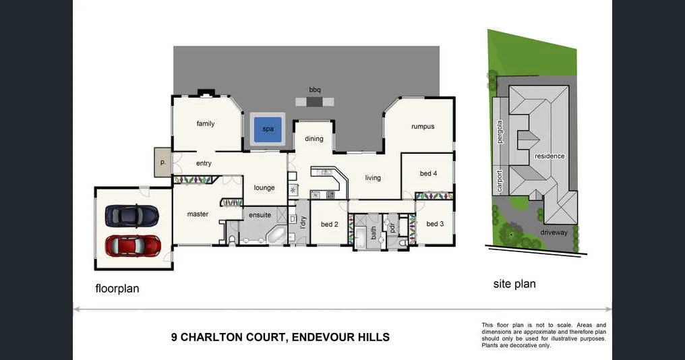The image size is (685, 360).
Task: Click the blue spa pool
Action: click(268, 128)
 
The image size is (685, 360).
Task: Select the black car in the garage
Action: click(132, 216)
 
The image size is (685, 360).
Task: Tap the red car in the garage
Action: click(133, 245)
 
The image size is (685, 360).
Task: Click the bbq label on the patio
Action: click(315, 90)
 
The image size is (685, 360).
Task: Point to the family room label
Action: click(206, 124)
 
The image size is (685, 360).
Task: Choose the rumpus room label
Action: click(423, 126)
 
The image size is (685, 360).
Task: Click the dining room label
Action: click(314, 139)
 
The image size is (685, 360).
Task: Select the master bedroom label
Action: click(198, 214)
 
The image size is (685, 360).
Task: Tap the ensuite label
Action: click(260, 215)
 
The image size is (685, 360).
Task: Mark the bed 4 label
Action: click(428, 173)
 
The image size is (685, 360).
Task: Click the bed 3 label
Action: click(435, 224)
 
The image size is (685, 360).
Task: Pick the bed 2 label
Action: click(329, 224)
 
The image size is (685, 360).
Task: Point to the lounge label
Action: click(264, 188)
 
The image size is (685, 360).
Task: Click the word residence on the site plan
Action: click(549, 156)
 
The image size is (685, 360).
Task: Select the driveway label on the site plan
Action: click(554, 233)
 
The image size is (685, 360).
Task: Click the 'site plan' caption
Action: click(514, 284)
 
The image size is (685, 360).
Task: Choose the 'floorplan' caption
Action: click(117, 289)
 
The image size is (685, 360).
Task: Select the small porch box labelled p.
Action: click(162, 162)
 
